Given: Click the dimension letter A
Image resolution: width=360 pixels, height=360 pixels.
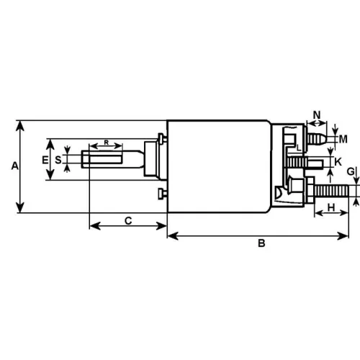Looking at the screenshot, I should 14,166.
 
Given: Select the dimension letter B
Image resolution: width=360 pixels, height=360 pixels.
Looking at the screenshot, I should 262,244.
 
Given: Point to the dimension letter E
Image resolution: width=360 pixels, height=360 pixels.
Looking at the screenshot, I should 45,159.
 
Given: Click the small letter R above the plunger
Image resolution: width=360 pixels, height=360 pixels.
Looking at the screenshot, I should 107,143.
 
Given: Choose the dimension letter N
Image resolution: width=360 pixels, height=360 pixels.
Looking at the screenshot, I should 316,114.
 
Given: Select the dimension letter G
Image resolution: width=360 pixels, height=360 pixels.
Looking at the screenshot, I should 350,171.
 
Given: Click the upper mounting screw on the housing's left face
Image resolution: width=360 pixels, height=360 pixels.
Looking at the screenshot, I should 161,137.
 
